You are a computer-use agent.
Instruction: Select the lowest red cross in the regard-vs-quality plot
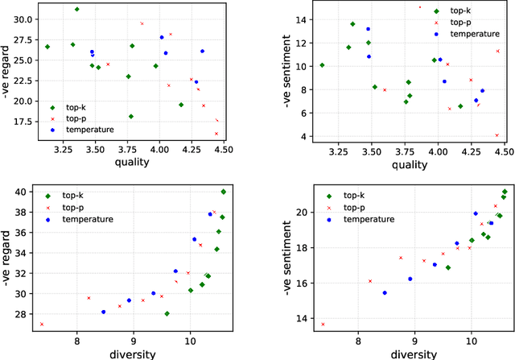(x=216, y=134)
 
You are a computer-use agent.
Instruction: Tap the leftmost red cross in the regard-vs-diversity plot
(x=42, y=324)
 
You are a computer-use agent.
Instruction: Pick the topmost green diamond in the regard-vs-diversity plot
(x=223, y=192)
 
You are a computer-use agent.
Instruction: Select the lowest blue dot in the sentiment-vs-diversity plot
(x=385, y=293)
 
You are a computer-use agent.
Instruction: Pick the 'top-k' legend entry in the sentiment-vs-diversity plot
(x=359, y=195)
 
